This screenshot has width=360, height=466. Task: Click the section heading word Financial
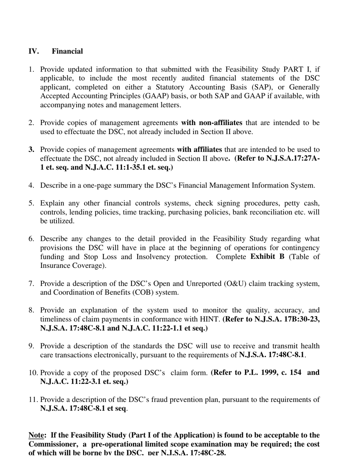(x=67, y=51)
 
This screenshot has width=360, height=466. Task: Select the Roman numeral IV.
(x=34, y=51)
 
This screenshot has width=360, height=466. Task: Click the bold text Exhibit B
(x=267, y=256)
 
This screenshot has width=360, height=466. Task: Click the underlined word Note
(x=36, y=435)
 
